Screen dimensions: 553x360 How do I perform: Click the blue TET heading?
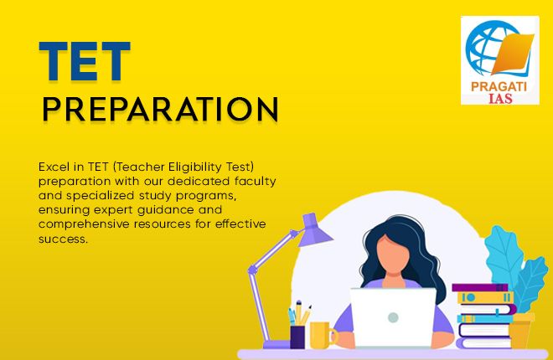coord(85,61)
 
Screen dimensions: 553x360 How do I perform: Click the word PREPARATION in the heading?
coord(161,109)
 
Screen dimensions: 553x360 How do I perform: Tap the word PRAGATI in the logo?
coord(499,86)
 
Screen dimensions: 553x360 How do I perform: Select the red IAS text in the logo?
coord(500,98)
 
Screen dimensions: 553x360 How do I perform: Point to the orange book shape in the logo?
coord(513,54)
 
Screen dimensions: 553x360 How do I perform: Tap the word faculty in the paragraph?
coord(255,182)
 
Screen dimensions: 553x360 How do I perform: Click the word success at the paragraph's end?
coord(62,239)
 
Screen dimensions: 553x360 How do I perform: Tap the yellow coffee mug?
coord(322,335)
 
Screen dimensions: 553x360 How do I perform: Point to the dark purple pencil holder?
coord(297,337)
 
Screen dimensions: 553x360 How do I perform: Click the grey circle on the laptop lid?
coord(393,317)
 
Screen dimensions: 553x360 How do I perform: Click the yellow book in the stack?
coord(485,298)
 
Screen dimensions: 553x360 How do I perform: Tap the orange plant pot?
coord(521,331)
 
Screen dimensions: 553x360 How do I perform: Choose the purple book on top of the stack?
coord(479,287)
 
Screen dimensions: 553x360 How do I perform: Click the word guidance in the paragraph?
coord(165,210)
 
